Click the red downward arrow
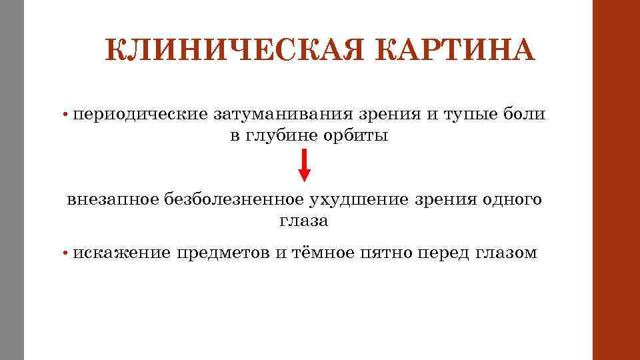pos(304,165)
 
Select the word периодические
pos(141,114)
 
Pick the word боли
pos(527,114)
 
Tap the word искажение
pos(121,253)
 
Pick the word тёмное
pos(323,253)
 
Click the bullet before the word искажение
pos(67,253)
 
